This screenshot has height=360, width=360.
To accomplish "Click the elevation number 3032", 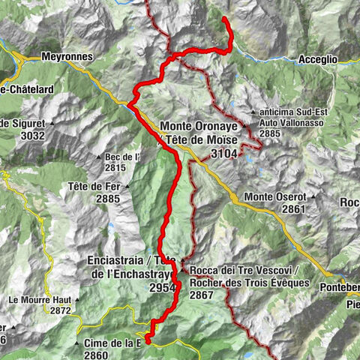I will (x=34, y=136).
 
